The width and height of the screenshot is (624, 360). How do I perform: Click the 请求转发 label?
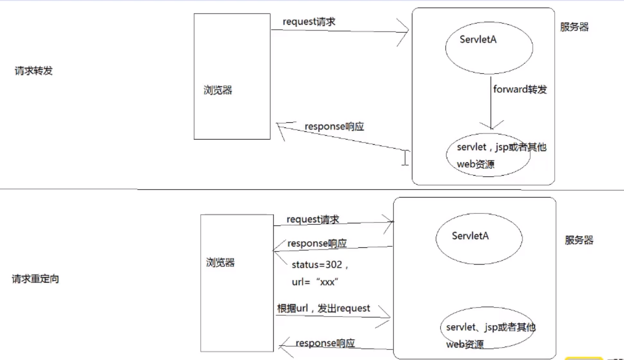pos(33,71)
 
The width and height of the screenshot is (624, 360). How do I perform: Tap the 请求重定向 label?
pos(35,279)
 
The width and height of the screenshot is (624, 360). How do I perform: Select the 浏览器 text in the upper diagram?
pos(218,90)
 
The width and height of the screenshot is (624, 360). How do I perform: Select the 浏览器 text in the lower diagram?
pos(220,262)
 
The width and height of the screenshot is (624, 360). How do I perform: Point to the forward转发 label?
pos(520,89)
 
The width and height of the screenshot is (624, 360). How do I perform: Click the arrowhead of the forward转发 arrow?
pos(491,127)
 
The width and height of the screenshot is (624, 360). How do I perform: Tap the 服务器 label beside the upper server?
pos(574,27)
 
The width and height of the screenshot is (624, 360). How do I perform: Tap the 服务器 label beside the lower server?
pos(579,240)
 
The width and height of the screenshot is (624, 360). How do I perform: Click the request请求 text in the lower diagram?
pos(313,219)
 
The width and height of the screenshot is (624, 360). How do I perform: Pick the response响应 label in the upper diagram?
pos(334,127)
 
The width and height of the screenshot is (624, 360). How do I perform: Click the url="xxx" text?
pos(315,282)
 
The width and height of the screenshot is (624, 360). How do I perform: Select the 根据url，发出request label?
pos(323,308)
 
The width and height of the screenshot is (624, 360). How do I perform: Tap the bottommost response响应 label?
pos(325,343)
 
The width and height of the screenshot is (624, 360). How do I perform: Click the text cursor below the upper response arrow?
pos(405,158)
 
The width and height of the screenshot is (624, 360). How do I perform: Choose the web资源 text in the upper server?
pos(475,164)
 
